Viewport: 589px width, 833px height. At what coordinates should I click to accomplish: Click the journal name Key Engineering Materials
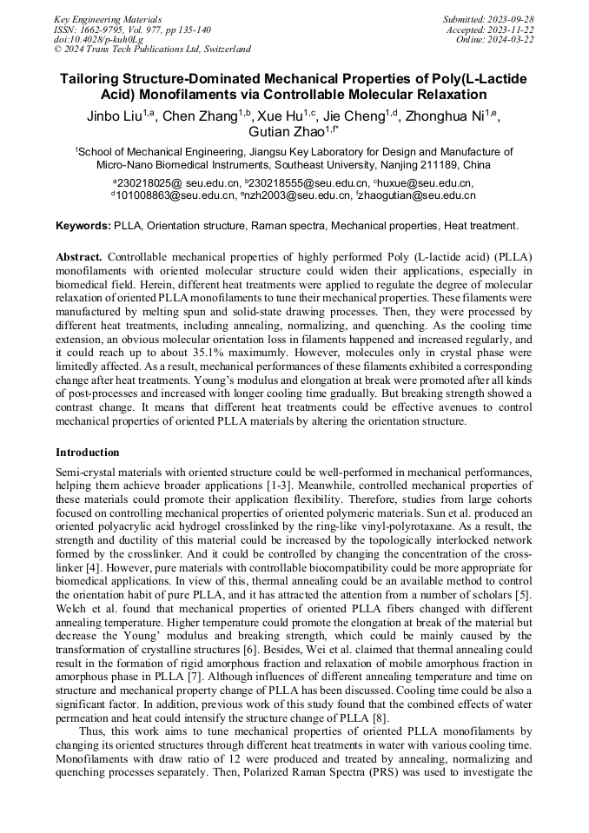[107, 18]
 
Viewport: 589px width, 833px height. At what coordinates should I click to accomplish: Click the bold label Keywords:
[83, 226]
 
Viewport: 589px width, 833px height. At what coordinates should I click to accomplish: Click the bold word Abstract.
[80, 259]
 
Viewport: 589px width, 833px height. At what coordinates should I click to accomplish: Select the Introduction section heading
[87, 453]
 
